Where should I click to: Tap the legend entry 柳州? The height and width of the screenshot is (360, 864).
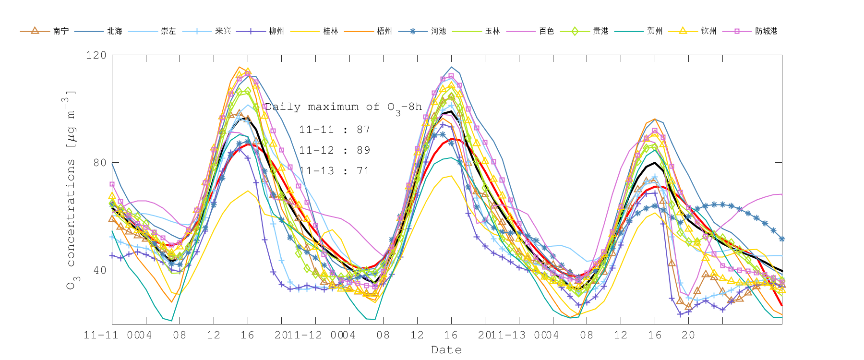pyautogui.click(x=276, y=31)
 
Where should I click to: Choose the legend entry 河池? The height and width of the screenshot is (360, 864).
pyautogui.click(x=438, y=31)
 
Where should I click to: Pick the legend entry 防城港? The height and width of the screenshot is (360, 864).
pyautogui.click(x=766, y=31)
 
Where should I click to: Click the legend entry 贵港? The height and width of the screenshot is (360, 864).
pyautogui.click(x=600, y=31)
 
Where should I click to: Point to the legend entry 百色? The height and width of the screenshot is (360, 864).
pyautogui.click(x=546, y=31)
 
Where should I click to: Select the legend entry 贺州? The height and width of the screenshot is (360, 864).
pyautogui.click(x=655, y=31)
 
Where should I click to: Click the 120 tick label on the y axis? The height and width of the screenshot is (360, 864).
pyautogui.click(x=96, y=55)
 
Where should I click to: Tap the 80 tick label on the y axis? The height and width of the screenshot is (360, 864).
pyautogui.click(x=99, y=163)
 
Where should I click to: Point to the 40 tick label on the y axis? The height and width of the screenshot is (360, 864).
pyautogui.click(x=99, y=270)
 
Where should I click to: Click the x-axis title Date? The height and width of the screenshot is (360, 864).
pyautogui.click(x=446, y=350)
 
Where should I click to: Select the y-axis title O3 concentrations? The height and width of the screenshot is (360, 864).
pyautogui.click(x=71, y=190)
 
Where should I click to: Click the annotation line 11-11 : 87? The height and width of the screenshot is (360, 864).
pyautogui.click(x=335, y=130)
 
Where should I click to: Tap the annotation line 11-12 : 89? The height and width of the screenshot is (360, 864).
pyautogui.click(x=335, y=150)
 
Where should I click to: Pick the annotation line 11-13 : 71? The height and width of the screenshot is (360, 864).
pyautogui.click(x=335, y=171)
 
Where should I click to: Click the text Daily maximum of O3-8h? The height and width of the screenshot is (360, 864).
pyautogui.click(x=343, y=108)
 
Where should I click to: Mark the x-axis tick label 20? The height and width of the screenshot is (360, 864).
pyautogui.click(x=688, y=335)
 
